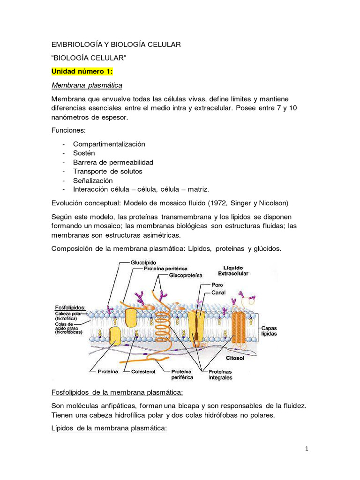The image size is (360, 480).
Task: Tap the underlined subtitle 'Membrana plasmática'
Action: point(87,85)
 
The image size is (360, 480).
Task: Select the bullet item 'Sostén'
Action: point(84,153)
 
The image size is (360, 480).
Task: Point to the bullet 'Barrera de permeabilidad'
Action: point(113,162)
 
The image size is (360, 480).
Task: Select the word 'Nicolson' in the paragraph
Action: point(271,203)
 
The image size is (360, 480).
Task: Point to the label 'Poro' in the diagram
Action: point(217,285)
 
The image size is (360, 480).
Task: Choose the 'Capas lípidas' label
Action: point(269,331)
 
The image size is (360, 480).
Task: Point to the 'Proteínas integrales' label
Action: point(220,375)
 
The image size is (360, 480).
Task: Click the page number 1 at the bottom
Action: point(307,449)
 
